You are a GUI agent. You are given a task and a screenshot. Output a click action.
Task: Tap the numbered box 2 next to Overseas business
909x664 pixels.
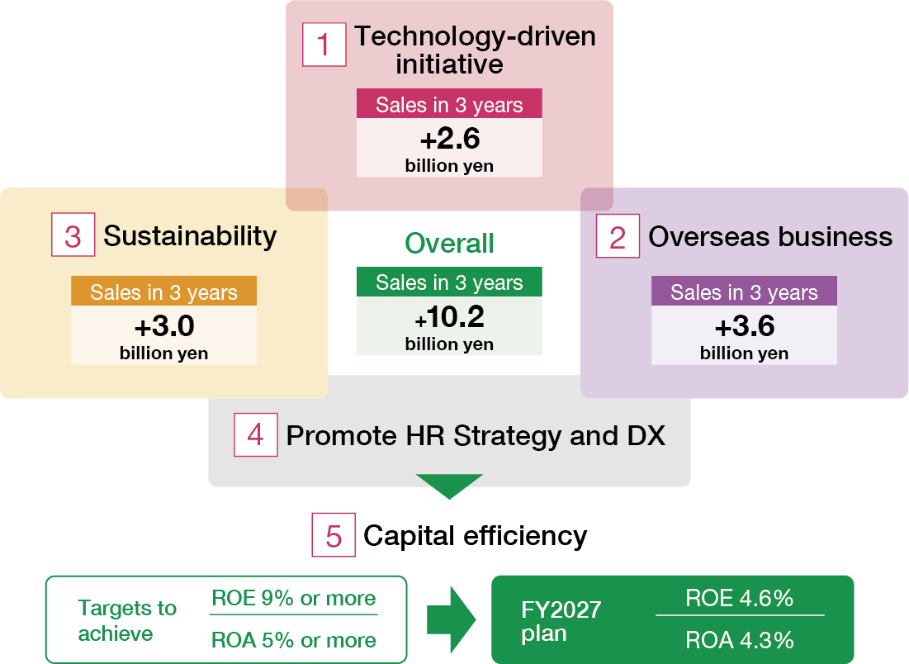618,237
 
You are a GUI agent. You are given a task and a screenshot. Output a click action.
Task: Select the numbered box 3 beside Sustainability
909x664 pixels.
73,236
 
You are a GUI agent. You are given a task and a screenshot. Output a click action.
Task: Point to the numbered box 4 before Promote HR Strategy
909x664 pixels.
255,434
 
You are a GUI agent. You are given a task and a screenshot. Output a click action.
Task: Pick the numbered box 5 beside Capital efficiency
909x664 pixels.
334,535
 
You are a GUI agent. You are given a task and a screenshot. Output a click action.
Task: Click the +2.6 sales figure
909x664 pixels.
449,138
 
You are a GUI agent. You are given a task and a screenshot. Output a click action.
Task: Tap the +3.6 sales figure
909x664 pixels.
744,326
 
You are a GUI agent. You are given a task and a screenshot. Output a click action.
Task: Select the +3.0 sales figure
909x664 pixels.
163,326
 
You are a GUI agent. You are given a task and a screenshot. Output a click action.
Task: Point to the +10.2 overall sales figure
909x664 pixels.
449,317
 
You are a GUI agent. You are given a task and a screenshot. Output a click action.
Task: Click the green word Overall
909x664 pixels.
449,243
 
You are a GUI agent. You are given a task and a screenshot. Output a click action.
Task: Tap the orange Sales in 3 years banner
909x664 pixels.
163,292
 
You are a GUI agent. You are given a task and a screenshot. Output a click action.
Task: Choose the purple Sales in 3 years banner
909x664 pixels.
744,292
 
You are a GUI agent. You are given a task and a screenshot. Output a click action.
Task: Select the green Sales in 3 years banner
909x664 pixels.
449,282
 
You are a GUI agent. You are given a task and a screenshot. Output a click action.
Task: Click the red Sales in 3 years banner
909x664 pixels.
449,105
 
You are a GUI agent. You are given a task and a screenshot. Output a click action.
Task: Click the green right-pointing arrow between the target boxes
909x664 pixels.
451,619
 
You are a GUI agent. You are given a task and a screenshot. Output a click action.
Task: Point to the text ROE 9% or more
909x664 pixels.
294,599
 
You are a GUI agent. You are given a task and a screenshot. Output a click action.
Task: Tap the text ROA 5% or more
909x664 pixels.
294,640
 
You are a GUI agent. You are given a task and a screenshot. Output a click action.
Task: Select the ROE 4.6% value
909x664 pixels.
740,599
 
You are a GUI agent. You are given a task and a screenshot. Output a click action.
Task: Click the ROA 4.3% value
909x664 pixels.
740,639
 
